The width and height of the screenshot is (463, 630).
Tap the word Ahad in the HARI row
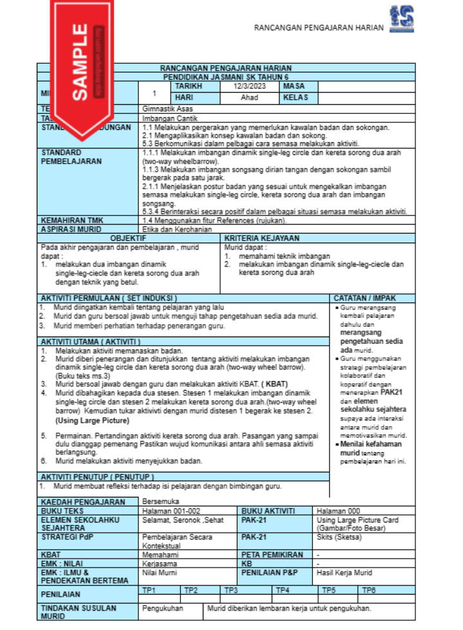[x=249, y=98]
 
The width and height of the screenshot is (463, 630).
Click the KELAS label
[x=296, y=98]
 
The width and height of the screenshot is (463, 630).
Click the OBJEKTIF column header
[x=129, y=238]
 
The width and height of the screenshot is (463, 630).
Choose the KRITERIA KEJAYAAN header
[x=262, y=238]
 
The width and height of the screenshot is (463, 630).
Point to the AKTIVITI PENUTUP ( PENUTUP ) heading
[x=97, y=477]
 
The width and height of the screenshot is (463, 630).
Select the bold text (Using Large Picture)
[x=92, y=420]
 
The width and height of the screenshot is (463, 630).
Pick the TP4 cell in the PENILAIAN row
[x=281, y=589]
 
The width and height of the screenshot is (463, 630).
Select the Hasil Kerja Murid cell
[x=345, y=573]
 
